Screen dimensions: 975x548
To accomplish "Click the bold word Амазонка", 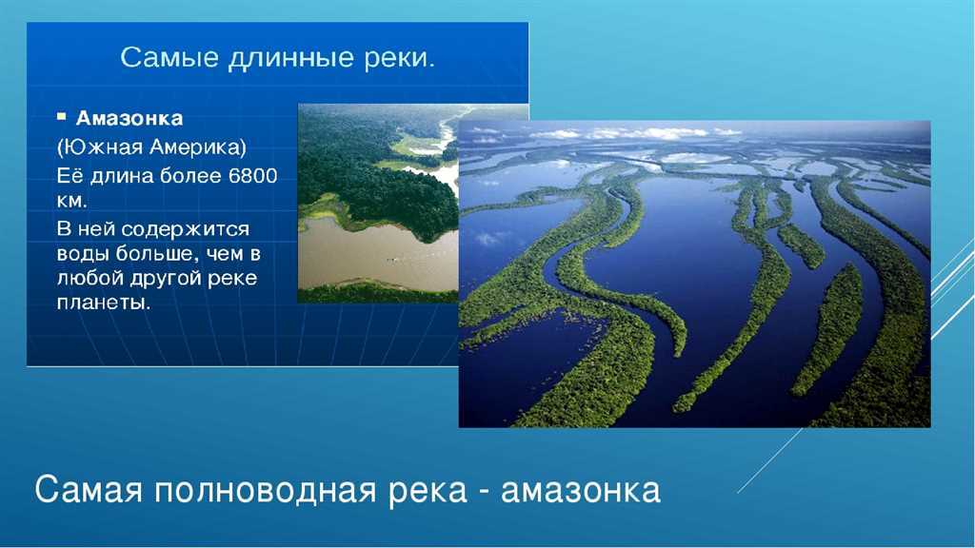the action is pos(129,118).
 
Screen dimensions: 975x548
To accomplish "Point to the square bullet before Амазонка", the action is pos(61,116).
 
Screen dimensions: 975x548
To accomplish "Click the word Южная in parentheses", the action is pos(100,147).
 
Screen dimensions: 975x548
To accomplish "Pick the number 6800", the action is pos(253,176).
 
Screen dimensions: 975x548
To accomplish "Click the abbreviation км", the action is pos(71,202).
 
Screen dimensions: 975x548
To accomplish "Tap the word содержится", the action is pos(186,229).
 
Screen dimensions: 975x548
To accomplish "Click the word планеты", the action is pos(103,303).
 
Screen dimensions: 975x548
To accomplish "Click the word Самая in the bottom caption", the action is pos(90,490).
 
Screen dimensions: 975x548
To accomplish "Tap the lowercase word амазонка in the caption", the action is pos(581,491).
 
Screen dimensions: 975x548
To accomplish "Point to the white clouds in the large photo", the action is pos(628,133).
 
